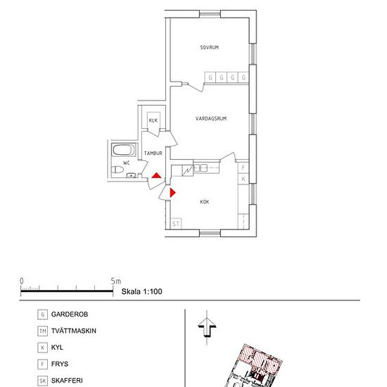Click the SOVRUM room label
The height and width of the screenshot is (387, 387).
coord(209,47)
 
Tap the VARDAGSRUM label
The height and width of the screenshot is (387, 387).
coord(211,119)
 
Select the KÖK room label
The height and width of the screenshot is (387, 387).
coord(204,202)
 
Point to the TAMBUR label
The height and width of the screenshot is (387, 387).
coord(153,153)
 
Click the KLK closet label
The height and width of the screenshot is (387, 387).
coord(153,120)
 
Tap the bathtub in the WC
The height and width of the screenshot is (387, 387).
coord(123,150)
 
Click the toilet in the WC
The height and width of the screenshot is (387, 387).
coord(118,170)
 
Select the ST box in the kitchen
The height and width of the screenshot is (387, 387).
coord(176,224)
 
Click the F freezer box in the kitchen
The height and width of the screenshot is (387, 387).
coord(243,167)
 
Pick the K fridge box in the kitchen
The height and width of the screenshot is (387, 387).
coord(243,179)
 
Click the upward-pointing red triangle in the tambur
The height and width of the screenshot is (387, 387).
coord(156,176)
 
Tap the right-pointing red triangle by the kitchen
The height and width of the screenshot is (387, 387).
coord(173,193)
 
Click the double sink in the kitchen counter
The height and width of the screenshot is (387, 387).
coord(200,168)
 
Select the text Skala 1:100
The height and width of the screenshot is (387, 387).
coord(141,291)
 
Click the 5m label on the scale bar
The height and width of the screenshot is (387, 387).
coord(116,281)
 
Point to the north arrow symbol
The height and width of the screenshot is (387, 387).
coord(207,327)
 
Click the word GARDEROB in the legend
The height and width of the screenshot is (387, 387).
coord(70,315)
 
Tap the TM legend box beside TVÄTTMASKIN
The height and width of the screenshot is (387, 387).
coord(42,331)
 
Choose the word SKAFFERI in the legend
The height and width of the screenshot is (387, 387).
coord(67,381)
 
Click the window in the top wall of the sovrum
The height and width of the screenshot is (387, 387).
coord(210,14)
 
